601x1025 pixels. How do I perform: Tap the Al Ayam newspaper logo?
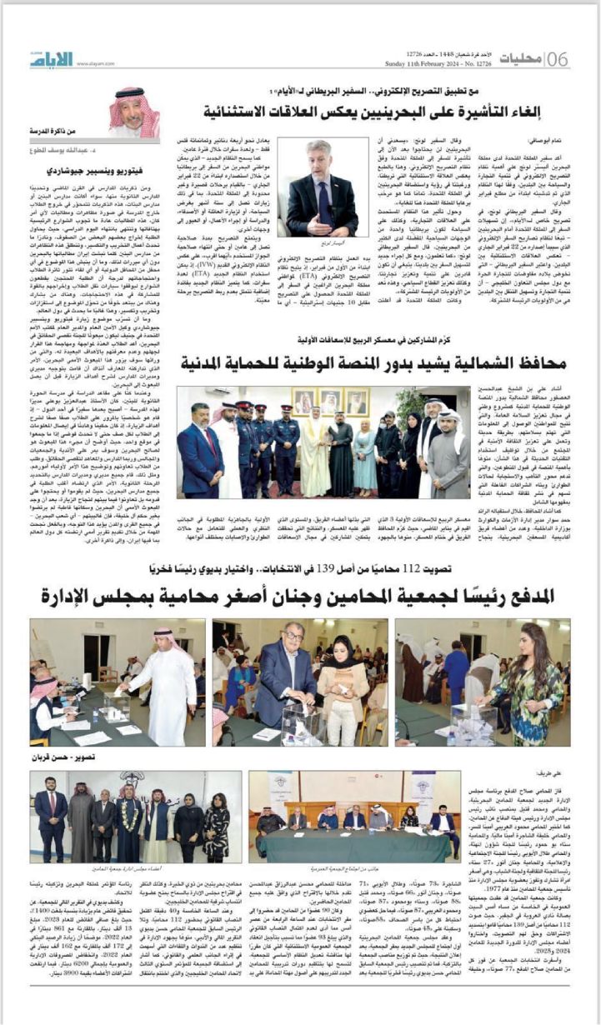click(x=52, y=58)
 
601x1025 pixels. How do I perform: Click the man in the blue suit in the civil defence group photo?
click(x=199, y=452)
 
